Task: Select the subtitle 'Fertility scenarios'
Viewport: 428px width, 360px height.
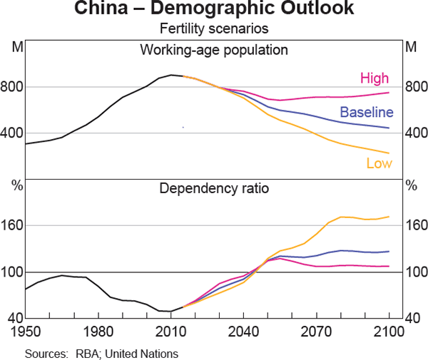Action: [x=214, y=30]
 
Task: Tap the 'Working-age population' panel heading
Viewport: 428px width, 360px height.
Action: [x=214, y=50]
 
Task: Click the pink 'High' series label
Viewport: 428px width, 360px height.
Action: [x=374, y=77]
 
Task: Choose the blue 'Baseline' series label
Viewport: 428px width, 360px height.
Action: [x=367, y=112]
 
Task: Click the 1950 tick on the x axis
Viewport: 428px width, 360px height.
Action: [x=26, y=331]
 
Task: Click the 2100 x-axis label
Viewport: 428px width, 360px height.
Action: [x=388, y=331]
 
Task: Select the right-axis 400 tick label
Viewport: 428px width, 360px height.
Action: [x=415, y=133]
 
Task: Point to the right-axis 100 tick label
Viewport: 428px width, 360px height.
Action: [x=415, y=272]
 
